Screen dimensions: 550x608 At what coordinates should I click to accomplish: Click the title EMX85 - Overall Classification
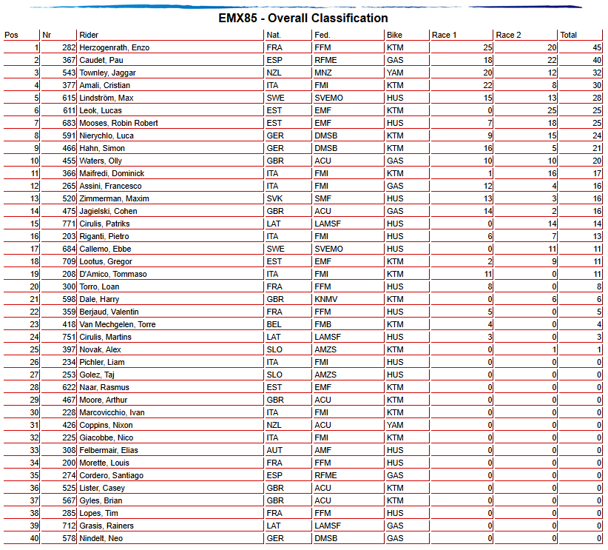click(303, 18)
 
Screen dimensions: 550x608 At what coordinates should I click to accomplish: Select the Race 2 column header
click(509, 35)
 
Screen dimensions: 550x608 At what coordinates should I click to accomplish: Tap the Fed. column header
click(322, 35)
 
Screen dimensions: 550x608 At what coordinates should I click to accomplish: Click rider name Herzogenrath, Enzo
click(114, 47)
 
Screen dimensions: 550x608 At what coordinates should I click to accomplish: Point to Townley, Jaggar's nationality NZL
click(274, 73)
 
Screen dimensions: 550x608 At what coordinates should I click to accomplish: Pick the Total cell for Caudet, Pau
click(590, 60)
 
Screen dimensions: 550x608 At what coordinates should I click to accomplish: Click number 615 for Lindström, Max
click(69, 98)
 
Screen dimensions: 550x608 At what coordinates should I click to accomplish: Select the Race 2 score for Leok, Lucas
click(550, 110)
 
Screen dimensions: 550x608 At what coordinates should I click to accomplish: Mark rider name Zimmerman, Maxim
click(114, 198)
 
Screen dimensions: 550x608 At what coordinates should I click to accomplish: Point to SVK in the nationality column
click(274, 198)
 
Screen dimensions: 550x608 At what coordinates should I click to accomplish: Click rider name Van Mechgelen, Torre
click(119, 324)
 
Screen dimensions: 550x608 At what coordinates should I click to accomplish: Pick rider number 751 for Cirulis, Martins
click(69, 337)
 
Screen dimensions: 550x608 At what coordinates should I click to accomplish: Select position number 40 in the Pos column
click(34, 538)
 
